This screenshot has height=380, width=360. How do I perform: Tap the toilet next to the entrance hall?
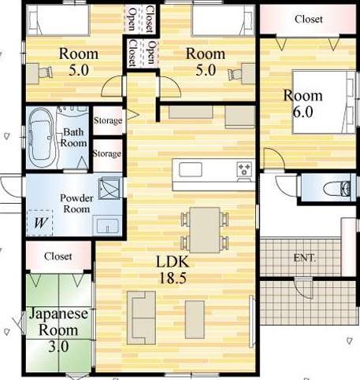coord(337,188)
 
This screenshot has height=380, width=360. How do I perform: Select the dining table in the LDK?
coord(205,230)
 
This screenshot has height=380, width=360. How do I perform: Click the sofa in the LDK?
coord(141,317)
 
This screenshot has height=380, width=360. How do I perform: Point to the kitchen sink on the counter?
coord(191,169)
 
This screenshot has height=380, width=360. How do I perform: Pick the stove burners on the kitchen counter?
coord(244,168)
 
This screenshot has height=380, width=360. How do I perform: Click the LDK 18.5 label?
coord(173,270)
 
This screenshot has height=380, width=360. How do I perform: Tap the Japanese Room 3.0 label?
coord(58,330)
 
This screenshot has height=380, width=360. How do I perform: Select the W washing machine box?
coord(40,223)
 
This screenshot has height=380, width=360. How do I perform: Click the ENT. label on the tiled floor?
coord(305,258)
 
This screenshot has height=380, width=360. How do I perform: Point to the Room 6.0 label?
coord(302,104)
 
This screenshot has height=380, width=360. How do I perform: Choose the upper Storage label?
coord(108,120)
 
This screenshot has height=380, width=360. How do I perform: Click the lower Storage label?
coord(107,153)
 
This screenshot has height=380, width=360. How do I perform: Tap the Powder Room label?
coord(76,204)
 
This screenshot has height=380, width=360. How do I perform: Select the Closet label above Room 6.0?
coord(309,19)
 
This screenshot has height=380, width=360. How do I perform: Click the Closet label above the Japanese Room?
coord(58,256)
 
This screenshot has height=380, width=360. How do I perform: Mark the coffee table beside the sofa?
coord(195,319)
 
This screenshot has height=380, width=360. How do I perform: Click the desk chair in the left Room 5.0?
coord(46,72)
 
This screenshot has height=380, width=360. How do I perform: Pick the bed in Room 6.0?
coord(324,101)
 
